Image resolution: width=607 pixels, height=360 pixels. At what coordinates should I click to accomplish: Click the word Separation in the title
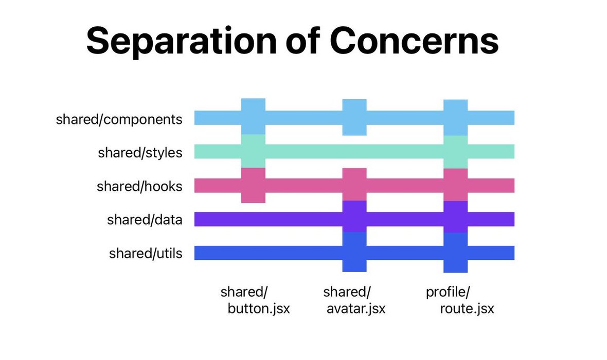181,41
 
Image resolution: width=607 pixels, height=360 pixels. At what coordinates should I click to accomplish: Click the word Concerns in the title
414,40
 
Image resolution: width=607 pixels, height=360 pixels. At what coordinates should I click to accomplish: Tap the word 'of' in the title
302,40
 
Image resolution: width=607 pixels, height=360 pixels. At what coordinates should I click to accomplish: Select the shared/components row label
119,119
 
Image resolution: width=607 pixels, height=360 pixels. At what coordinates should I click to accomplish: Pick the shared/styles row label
140,153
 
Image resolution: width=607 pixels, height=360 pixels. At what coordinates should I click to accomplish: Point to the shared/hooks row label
139,186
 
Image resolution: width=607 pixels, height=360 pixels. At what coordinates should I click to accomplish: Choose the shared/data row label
145,220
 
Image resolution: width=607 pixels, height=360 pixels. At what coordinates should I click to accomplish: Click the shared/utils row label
146,253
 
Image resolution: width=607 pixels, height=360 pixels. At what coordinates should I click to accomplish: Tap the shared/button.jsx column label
255,300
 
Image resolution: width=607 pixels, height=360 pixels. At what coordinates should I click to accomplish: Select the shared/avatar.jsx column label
354,300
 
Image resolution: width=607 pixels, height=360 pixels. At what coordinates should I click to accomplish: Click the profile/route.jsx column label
460,300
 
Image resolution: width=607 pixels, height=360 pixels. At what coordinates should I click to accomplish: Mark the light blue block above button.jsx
253,117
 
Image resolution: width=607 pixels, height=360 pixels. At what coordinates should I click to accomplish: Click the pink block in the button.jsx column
253,185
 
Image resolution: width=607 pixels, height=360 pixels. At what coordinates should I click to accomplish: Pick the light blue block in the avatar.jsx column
354,117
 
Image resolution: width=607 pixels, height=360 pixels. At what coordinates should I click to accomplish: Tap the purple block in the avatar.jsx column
354,217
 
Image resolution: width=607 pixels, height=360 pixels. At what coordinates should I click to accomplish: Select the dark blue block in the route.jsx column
455,253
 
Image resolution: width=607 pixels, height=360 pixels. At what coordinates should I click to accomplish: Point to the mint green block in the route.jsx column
455,152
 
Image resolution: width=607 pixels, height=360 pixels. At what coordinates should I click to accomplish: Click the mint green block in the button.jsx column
253,151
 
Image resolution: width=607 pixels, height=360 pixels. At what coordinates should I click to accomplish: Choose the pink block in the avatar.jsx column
354,184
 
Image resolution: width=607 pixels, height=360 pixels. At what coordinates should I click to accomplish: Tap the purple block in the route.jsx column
455,217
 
